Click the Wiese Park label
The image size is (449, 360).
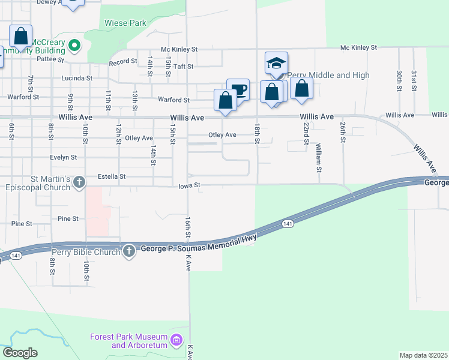(x=125, y=23)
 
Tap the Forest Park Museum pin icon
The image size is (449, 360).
(x=176, y=341)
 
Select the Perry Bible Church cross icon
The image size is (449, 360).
(x=129, y=251)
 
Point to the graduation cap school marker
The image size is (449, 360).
(x=276, y=63)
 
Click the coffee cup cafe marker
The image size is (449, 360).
(x=238, y=90)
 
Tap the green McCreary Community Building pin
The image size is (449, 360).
(x=74, y=44)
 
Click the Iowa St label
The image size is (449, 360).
(x=188, y=186)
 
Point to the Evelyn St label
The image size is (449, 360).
(x=65, y=157)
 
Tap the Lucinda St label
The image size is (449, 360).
(x=77, y=78)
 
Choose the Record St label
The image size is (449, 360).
(x=122, y=62)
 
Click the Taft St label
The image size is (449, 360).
(x=184, y=67)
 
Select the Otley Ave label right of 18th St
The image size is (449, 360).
(x=223, y=135)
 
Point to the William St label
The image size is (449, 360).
(x=318, y=157)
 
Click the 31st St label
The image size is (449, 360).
(x=414, y=80)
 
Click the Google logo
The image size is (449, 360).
(x=20, y=353)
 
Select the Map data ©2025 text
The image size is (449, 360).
(x=423, y=355)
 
